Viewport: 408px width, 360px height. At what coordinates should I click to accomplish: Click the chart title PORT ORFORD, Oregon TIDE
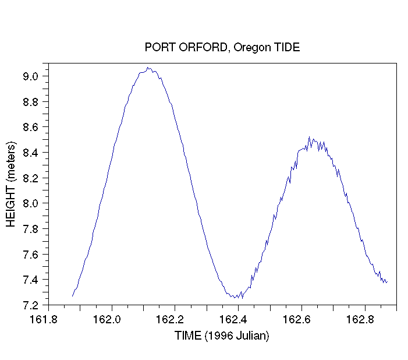pos(222,48)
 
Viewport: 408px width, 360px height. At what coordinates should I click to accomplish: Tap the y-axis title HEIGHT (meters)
pos(11,184)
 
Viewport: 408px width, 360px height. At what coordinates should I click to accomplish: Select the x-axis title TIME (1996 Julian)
pos(222,336)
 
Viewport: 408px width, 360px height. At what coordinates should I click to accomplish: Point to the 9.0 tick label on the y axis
pos(30,76)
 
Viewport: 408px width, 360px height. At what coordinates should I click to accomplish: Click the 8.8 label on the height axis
pos(30,102)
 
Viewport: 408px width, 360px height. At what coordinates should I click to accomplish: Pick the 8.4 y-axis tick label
pos(30,153)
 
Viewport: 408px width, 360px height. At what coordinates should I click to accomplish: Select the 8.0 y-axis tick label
pos(30,203)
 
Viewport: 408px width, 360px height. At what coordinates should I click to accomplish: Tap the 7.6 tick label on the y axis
pos(30,255)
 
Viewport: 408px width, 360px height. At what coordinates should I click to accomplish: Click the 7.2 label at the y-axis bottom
pos(30,306)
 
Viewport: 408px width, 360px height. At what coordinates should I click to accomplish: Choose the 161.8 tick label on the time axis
pos(44,319)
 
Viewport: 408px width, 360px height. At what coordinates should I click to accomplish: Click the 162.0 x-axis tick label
pos(107,319)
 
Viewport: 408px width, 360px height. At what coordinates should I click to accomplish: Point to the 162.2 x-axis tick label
pos(169,319)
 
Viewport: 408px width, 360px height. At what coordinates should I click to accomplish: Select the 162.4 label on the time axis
pos(233,319)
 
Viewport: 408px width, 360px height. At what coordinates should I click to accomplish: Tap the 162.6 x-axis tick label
pos(296,319)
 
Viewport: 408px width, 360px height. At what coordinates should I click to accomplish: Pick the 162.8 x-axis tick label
pos(360,319)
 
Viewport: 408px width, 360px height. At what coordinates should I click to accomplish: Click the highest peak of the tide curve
pos(147,68)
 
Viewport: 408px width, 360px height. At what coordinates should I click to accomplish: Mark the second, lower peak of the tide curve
pos(309,137)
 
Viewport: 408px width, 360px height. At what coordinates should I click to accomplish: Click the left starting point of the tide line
pos(72,296)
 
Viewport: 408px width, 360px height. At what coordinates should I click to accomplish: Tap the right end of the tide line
pos(388,281)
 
